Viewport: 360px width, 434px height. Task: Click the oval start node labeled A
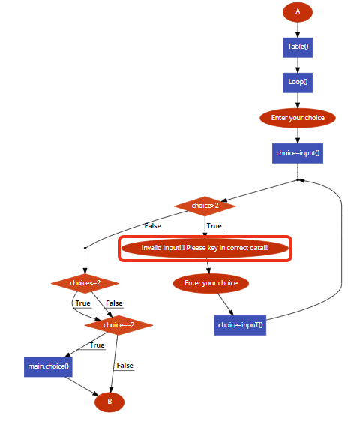pos(298,11)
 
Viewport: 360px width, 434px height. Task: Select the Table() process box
pos(298,47)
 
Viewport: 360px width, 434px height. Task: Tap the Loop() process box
pos(298,82)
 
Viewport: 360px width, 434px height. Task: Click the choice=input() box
pos(298,153)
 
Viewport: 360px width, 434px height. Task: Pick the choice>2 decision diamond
pos(205,205)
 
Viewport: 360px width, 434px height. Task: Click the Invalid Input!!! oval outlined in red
pos(205,248)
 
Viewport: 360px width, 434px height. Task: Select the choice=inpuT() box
pos(241,325)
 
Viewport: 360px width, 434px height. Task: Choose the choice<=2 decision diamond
pos(85,283)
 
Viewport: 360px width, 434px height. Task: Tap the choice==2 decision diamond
pos(118,325)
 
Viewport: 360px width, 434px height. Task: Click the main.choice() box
pos(48,367)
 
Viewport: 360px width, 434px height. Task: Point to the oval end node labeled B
pos(109,402)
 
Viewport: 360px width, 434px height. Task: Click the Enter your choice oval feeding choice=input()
pos(298,118)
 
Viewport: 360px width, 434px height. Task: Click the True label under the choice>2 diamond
pos(214,226)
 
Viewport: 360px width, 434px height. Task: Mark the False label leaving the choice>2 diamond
pos(152,226)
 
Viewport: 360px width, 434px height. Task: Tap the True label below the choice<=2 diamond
pos(82,303)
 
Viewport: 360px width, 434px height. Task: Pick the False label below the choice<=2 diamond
pos(114,303)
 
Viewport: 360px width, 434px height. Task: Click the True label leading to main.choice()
pos(97,345)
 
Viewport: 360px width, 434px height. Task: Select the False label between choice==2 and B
pos(124,366)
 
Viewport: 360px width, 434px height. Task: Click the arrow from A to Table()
pos(298,29)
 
